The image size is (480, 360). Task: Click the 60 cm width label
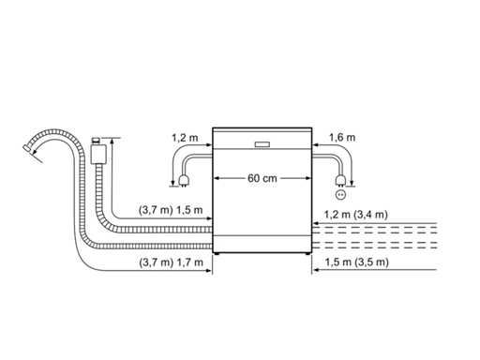tap(262, 178)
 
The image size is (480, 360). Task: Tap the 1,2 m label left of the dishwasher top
tap(185, 138)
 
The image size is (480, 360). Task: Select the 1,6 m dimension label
tap(342, 138)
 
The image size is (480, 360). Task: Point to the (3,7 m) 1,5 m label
tap(171, 210)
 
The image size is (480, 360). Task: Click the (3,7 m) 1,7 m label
tap(171, 262)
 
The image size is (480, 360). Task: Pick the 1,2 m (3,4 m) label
tap(355, 215)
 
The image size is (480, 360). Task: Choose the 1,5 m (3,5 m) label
tap(356, 262)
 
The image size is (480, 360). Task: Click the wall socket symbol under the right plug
tap(340, 195)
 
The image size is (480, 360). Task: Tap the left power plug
tap(183, 181)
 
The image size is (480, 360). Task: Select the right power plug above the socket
tap(339, 181)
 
